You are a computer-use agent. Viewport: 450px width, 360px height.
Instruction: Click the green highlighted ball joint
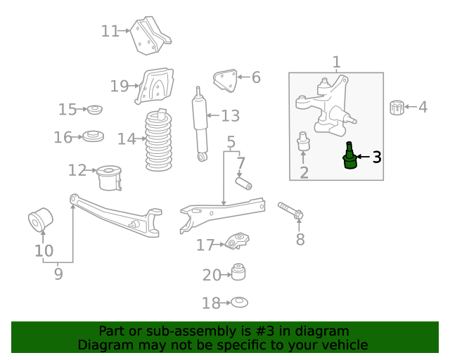(x=350, y=156)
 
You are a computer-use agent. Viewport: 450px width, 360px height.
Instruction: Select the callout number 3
(x=377, y=157)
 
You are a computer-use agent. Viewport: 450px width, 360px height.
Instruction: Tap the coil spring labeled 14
(x=159, y=140)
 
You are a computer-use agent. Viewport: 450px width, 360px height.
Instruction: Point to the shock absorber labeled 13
(x=200, y=124)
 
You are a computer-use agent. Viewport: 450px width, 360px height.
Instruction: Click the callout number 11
(x=110, y=31)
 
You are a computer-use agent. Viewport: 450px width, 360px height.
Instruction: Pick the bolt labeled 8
(x=290, y=210)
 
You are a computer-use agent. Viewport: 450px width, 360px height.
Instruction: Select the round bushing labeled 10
(x=41, y=219)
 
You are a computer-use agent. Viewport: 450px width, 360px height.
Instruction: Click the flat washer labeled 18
(x=239, y=302)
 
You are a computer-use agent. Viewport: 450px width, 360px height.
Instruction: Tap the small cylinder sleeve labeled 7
(x=244, y=184)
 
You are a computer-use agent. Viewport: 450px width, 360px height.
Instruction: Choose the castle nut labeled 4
(x=397, y=108)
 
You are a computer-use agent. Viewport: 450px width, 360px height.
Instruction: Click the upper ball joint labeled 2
(x=303, y=141)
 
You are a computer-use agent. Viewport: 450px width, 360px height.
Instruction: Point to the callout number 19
(x=120, y=86)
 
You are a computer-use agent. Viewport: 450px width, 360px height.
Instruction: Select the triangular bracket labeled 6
(x=225, y=81)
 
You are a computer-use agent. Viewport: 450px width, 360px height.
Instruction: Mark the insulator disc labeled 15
(x=95, y=110)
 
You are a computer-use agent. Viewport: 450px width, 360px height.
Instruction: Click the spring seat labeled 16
(x=93, y=136)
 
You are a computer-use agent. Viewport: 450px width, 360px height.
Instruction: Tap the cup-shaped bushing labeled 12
(x=109, y=177)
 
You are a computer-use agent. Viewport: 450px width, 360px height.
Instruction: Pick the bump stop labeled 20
(x=238, y=271)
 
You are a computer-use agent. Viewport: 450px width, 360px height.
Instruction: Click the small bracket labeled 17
(x=237, y=240)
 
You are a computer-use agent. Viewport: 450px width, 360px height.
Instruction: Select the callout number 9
(x=58, y=274)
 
